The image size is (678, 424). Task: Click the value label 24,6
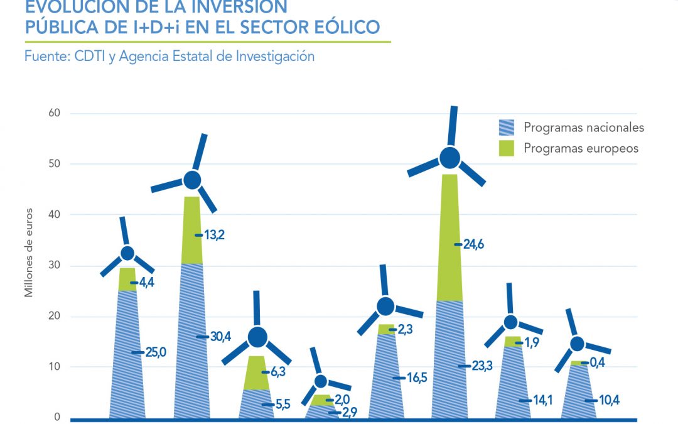click(x=473, y=244)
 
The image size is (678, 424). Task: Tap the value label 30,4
click(x=221, y=337)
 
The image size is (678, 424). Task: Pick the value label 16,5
click(x=414, y=378)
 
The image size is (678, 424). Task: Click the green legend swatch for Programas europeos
click(x=506, y=148)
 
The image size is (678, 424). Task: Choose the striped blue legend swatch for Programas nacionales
click(x=506, y=128)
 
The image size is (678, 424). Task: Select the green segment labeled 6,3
click(x=257, y=372)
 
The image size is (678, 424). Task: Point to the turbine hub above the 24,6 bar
click(x=449, y=158)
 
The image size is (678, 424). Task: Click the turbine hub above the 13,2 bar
click(x=192, y=180)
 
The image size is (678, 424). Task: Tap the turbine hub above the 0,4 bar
click(x=577, y=344)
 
